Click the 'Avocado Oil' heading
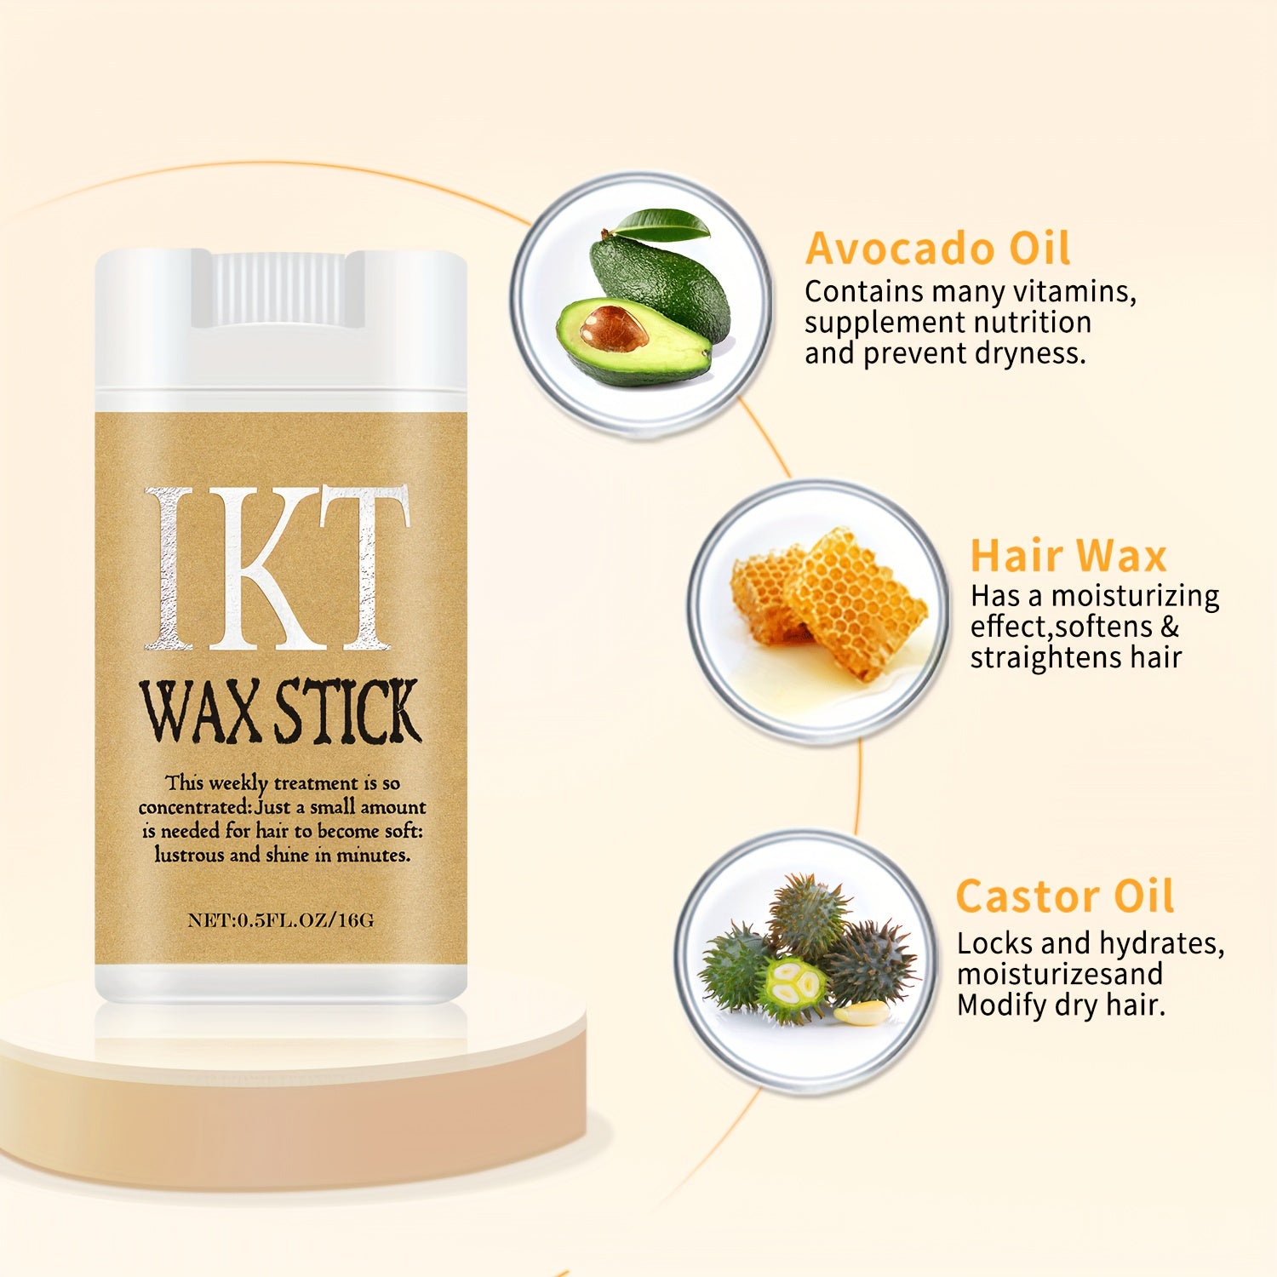coord(937,249)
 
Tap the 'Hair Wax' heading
coord(1068,556)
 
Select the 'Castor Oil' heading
coord(1065,896)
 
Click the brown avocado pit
coord(613,329)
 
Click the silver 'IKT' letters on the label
coord(278,569)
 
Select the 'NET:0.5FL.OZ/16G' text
coord(281,920)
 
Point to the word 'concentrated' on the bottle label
coord(195,807)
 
